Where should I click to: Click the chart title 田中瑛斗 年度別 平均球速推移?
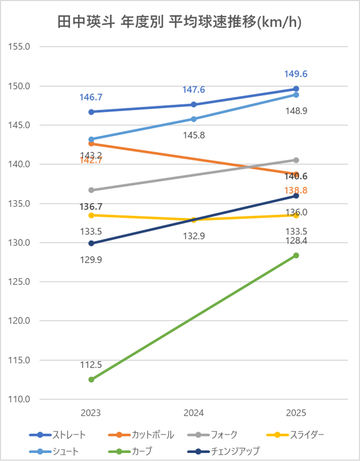(180, 22)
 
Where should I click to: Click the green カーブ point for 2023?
(91, 379)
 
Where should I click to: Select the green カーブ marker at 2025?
(296, 255)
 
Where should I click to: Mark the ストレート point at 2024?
(194, 105)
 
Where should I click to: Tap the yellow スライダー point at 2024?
(194, 220)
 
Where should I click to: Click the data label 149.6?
(296, 75)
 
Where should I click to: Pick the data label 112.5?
(91, 365)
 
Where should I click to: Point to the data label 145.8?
(194, 135)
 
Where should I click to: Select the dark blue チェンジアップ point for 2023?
(91, 243)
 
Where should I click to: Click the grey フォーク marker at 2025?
(296, 160)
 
